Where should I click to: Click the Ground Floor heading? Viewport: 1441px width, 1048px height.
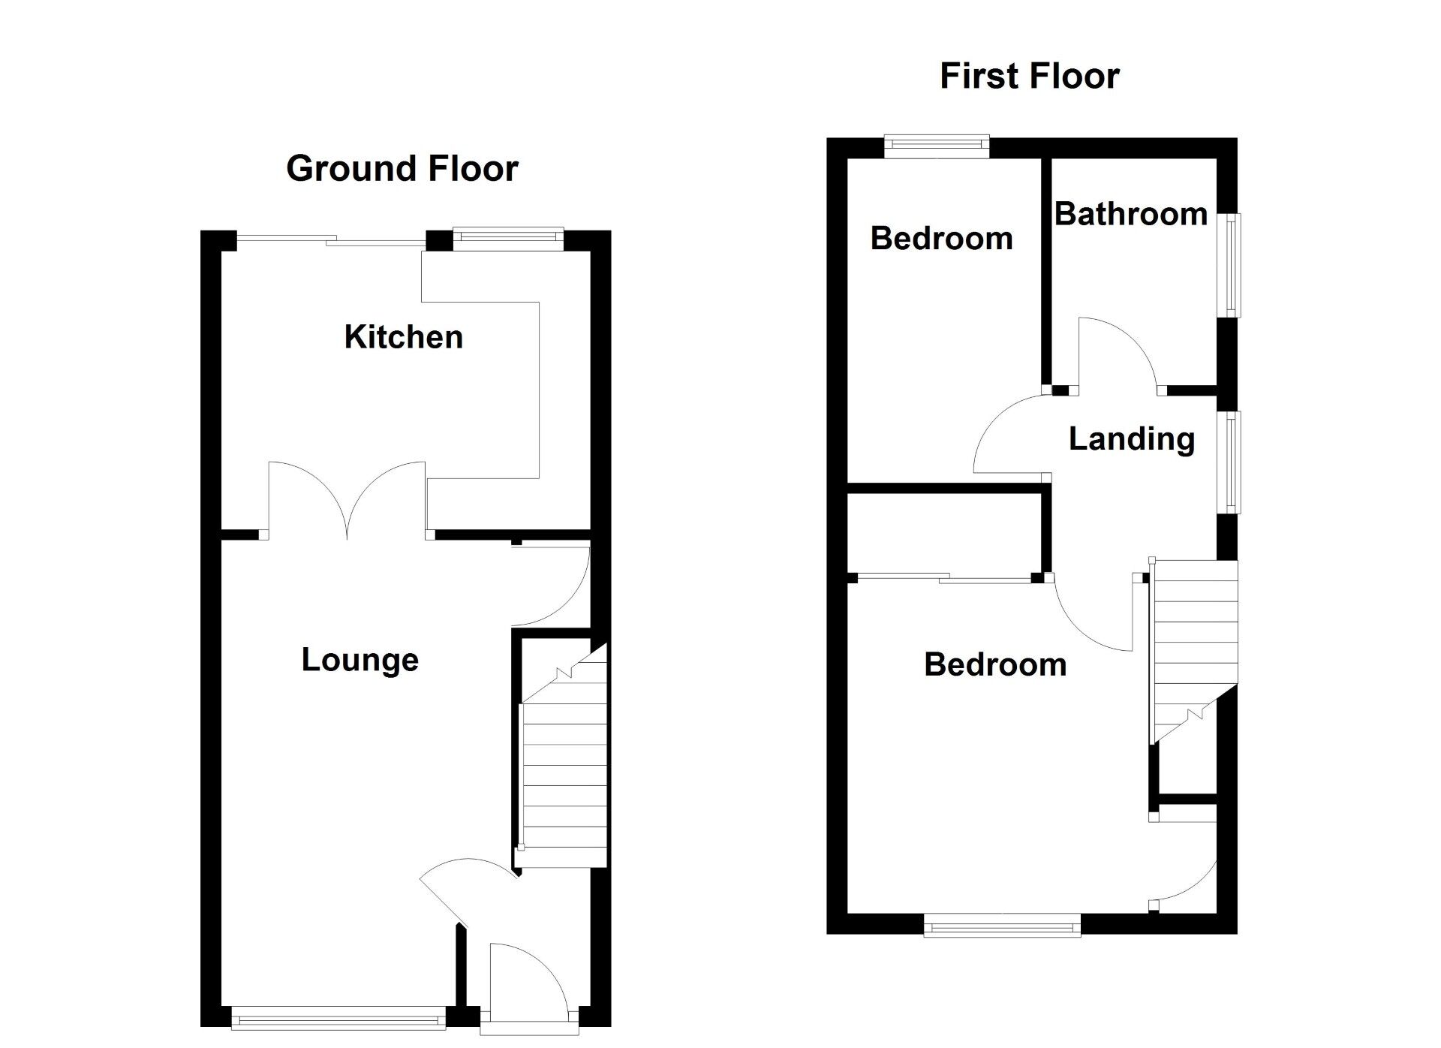(402, 168)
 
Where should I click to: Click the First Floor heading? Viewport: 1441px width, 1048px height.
(1029, 76)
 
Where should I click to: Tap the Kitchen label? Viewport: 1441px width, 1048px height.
(403, 337)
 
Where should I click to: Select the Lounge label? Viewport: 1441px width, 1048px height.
(360, 660)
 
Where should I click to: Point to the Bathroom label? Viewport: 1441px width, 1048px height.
(1130, 215)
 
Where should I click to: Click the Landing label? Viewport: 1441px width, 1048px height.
(1131, 439)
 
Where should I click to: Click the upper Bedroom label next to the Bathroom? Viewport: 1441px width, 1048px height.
(941, 239)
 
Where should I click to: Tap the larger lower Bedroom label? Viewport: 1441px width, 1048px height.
(995, 665)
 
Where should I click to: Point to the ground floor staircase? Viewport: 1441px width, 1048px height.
(563, 773)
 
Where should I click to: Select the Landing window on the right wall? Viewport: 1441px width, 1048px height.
(1232, 462)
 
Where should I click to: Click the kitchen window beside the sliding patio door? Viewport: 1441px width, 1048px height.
(508, 239)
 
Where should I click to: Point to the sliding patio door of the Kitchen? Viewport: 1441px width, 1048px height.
(330, 240)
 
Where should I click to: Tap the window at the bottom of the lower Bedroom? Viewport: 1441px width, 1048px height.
(1002, 926)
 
